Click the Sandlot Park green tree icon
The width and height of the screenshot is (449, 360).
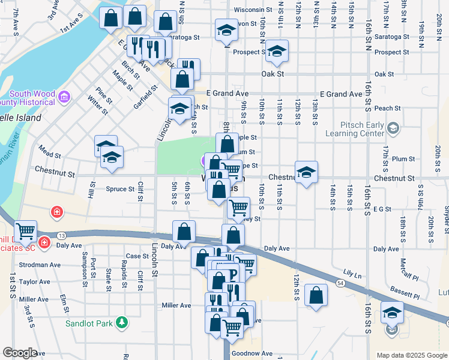[x=122, y=323]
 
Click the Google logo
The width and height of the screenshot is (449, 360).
[x=20, y=353]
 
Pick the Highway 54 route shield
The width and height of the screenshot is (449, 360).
[x=340, y=283]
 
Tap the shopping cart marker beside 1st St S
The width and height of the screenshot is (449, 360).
[x=25, y=230]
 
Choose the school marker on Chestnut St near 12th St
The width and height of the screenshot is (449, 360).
[x=306, y=172]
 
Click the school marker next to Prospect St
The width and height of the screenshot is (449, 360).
[x=277, y=51]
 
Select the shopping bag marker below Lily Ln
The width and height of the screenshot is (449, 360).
[x=316, y=295]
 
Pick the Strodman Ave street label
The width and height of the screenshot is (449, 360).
[x=40, y=265]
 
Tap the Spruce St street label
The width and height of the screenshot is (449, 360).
[x=120, y=189]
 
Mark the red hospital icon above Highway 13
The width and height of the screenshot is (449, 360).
[x=56, y=212]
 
